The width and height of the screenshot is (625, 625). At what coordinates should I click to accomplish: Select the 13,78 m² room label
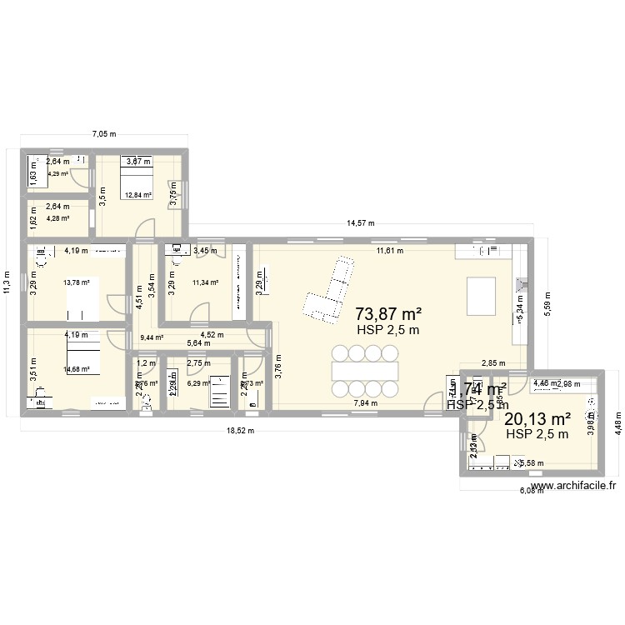pyautogui.click(x=77, y=282)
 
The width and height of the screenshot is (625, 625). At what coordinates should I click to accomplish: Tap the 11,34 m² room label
pyautogui.click(x=205, y=282)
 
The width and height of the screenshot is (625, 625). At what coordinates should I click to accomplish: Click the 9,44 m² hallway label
pyautogui.click(x=152, y=337)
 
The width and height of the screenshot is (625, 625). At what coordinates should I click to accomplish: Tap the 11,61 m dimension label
pyautogui.click(x=389, y=250)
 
